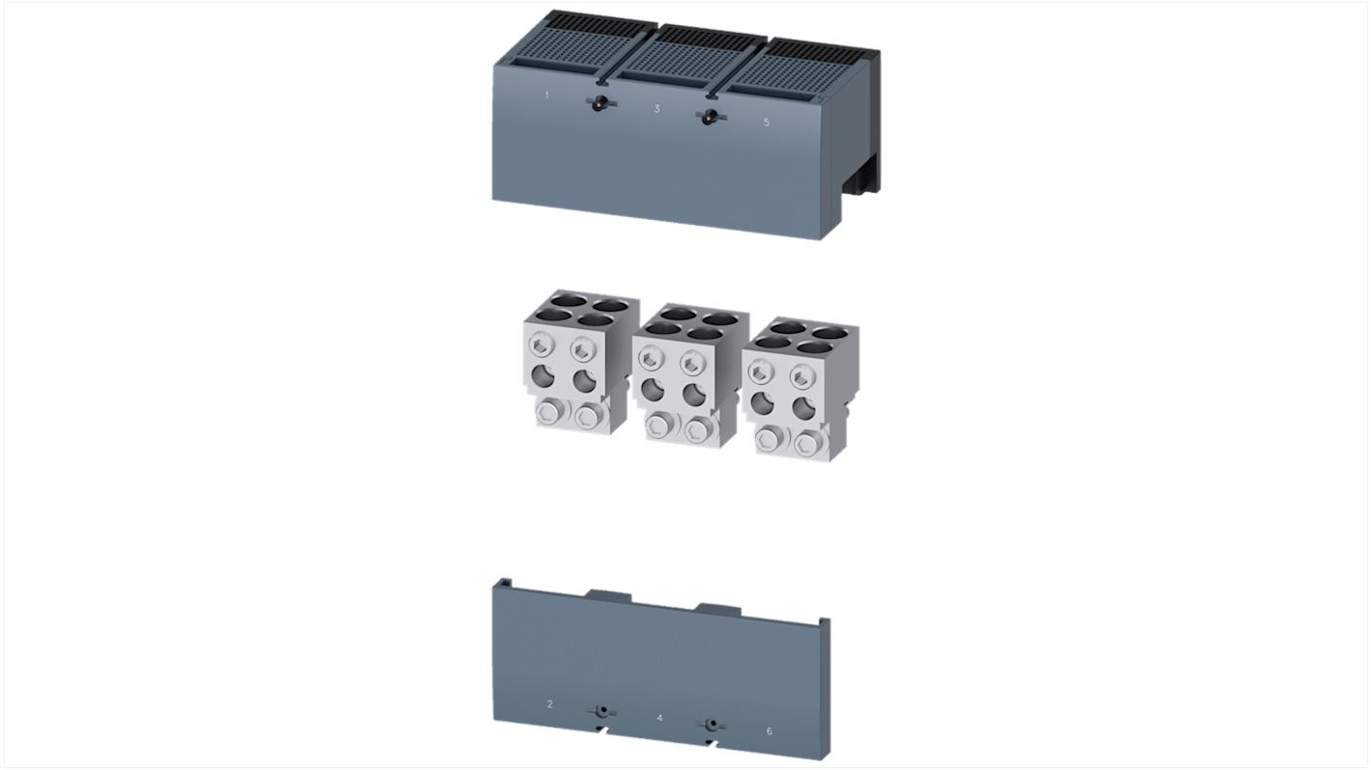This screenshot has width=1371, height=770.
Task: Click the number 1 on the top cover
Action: (546, 96)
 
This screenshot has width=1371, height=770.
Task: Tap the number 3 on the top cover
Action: (657, 109)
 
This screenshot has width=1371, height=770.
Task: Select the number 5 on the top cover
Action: (767, 123)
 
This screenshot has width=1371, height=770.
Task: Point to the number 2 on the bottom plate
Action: (549, 704)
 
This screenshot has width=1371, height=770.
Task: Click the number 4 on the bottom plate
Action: (659, 717)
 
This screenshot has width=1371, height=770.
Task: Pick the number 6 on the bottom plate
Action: (769, 730)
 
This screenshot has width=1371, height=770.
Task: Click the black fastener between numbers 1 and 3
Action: (602, 103)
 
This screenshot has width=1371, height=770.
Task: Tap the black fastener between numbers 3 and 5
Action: (711, 117)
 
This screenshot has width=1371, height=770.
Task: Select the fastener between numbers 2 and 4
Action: (602, 712)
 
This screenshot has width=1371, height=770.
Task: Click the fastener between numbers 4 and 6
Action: (712, 726)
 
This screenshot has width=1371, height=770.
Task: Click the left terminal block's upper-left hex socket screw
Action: (541, 346)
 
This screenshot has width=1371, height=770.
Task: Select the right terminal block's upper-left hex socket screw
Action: (761, 371)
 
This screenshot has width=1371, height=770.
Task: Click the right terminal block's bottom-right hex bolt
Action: (806, 444)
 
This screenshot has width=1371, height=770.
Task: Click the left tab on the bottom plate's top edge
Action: (609, 594)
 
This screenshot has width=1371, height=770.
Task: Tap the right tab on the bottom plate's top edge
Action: (718, 609)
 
